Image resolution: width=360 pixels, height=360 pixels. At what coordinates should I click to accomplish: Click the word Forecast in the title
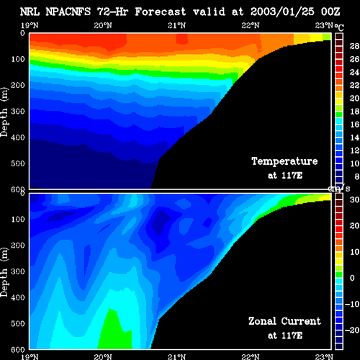point(161,12)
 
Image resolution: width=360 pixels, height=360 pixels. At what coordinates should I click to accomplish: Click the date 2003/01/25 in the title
point(282,12)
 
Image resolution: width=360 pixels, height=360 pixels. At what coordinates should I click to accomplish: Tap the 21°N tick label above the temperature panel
point(176,25)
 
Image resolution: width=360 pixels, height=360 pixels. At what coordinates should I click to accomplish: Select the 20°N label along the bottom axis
point(103,357)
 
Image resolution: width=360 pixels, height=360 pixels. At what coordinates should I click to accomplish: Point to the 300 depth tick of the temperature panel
point(18,111)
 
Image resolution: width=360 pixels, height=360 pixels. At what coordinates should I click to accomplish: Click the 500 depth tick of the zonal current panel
point(18,323)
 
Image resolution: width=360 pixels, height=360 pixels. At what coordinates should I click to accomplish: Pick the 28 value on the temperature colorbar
point(354,46)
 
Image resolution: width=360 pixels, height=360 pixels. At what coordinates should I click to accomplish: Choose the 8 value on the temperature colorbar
point(356,176)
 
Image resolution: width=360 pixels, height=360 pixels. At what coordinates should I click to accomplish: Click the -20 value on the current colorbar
point(352,330)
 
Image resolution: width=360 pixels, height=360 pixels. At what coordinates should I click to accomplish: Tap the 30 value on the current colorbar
point(354,199)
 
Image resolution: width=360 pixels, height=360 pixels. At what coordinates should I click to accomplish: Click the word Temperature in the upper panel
point(284,161)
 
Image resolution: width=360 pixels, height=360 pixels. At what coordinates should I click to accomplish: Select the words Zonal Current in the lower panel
point(284,321)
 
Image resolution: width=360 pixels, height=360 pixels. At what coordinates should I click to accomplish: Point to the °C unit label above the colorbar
point(339,27)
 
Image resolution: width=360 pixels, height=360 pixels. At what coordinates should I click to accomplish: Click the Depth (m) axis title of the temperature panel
point(4,112)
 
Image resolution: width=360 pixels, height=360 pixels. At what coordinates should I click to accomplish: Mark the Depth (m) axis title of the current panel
point(4,272)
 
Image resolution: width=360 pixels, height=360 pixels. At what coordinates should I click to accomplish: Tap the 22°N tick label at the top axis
point(251,25)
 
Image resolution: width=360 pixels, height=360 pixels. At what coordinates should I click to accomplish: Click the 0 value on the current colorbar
point(352,278)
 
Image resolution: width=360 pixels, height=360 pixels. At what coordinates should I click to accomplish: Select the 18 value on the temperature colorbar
point(354,112)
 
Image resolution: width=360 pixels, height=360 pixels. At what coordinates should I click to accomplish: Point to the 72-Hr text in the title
point(112,12)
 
